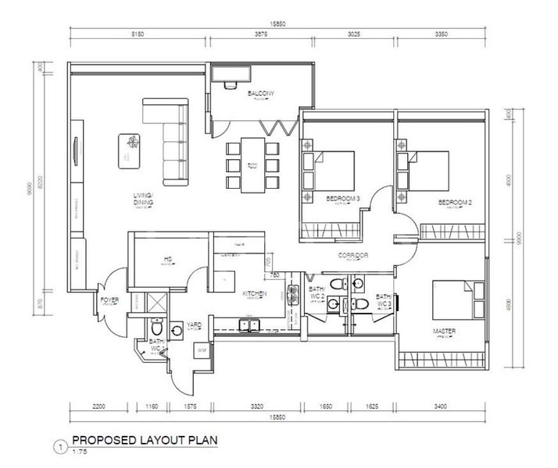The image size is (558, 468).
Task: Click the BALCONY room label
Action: coord(261,94)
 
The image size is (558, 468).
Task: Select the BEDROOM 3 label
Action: coord(342,200)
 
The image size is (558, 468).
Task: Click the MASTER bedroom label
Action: coord(445,331)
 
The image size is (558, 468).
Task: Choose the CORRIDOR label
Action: coord(352,255)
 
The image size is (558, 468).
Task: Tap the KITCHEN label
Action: coord(255,294)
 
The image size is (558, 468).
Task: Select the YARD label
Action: coord(194,324)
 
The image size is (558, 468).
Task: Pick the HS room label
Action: coord(167,260)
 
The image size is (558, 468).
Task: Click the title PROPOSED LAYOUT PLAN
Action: coord(135,439)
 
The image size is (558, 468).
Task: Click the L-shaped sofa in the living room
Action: coord(171,134)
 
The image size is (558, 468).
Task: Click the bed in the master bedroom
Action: coord(450,300)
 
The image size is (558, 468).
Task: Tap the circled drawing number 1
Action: coord(59,447)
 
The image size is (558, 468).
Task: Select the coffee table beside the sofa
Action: coord(130,151)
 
